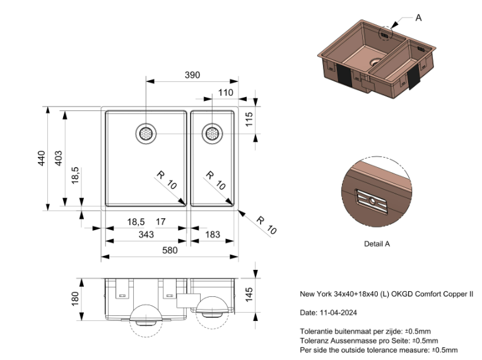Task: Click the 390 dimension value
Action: coord(192,75)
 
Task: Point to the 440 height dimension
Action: coord(41,158)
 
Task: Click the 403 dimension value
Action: coord(58,158)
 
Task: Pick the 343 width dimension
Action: coord(145,235)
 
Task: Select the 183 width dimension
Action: coord(213,235)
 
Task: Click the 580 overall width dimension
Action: coord(169,250)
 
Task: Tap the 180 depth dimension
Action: coord(74,297)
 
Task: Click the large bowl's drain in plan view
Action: coord(146,133)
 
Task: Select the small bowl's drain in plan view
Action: coord(212,133)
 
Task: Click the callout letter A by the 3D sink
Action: coord(418,18)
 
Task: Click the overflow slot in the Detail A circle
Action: coord(372,200)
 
